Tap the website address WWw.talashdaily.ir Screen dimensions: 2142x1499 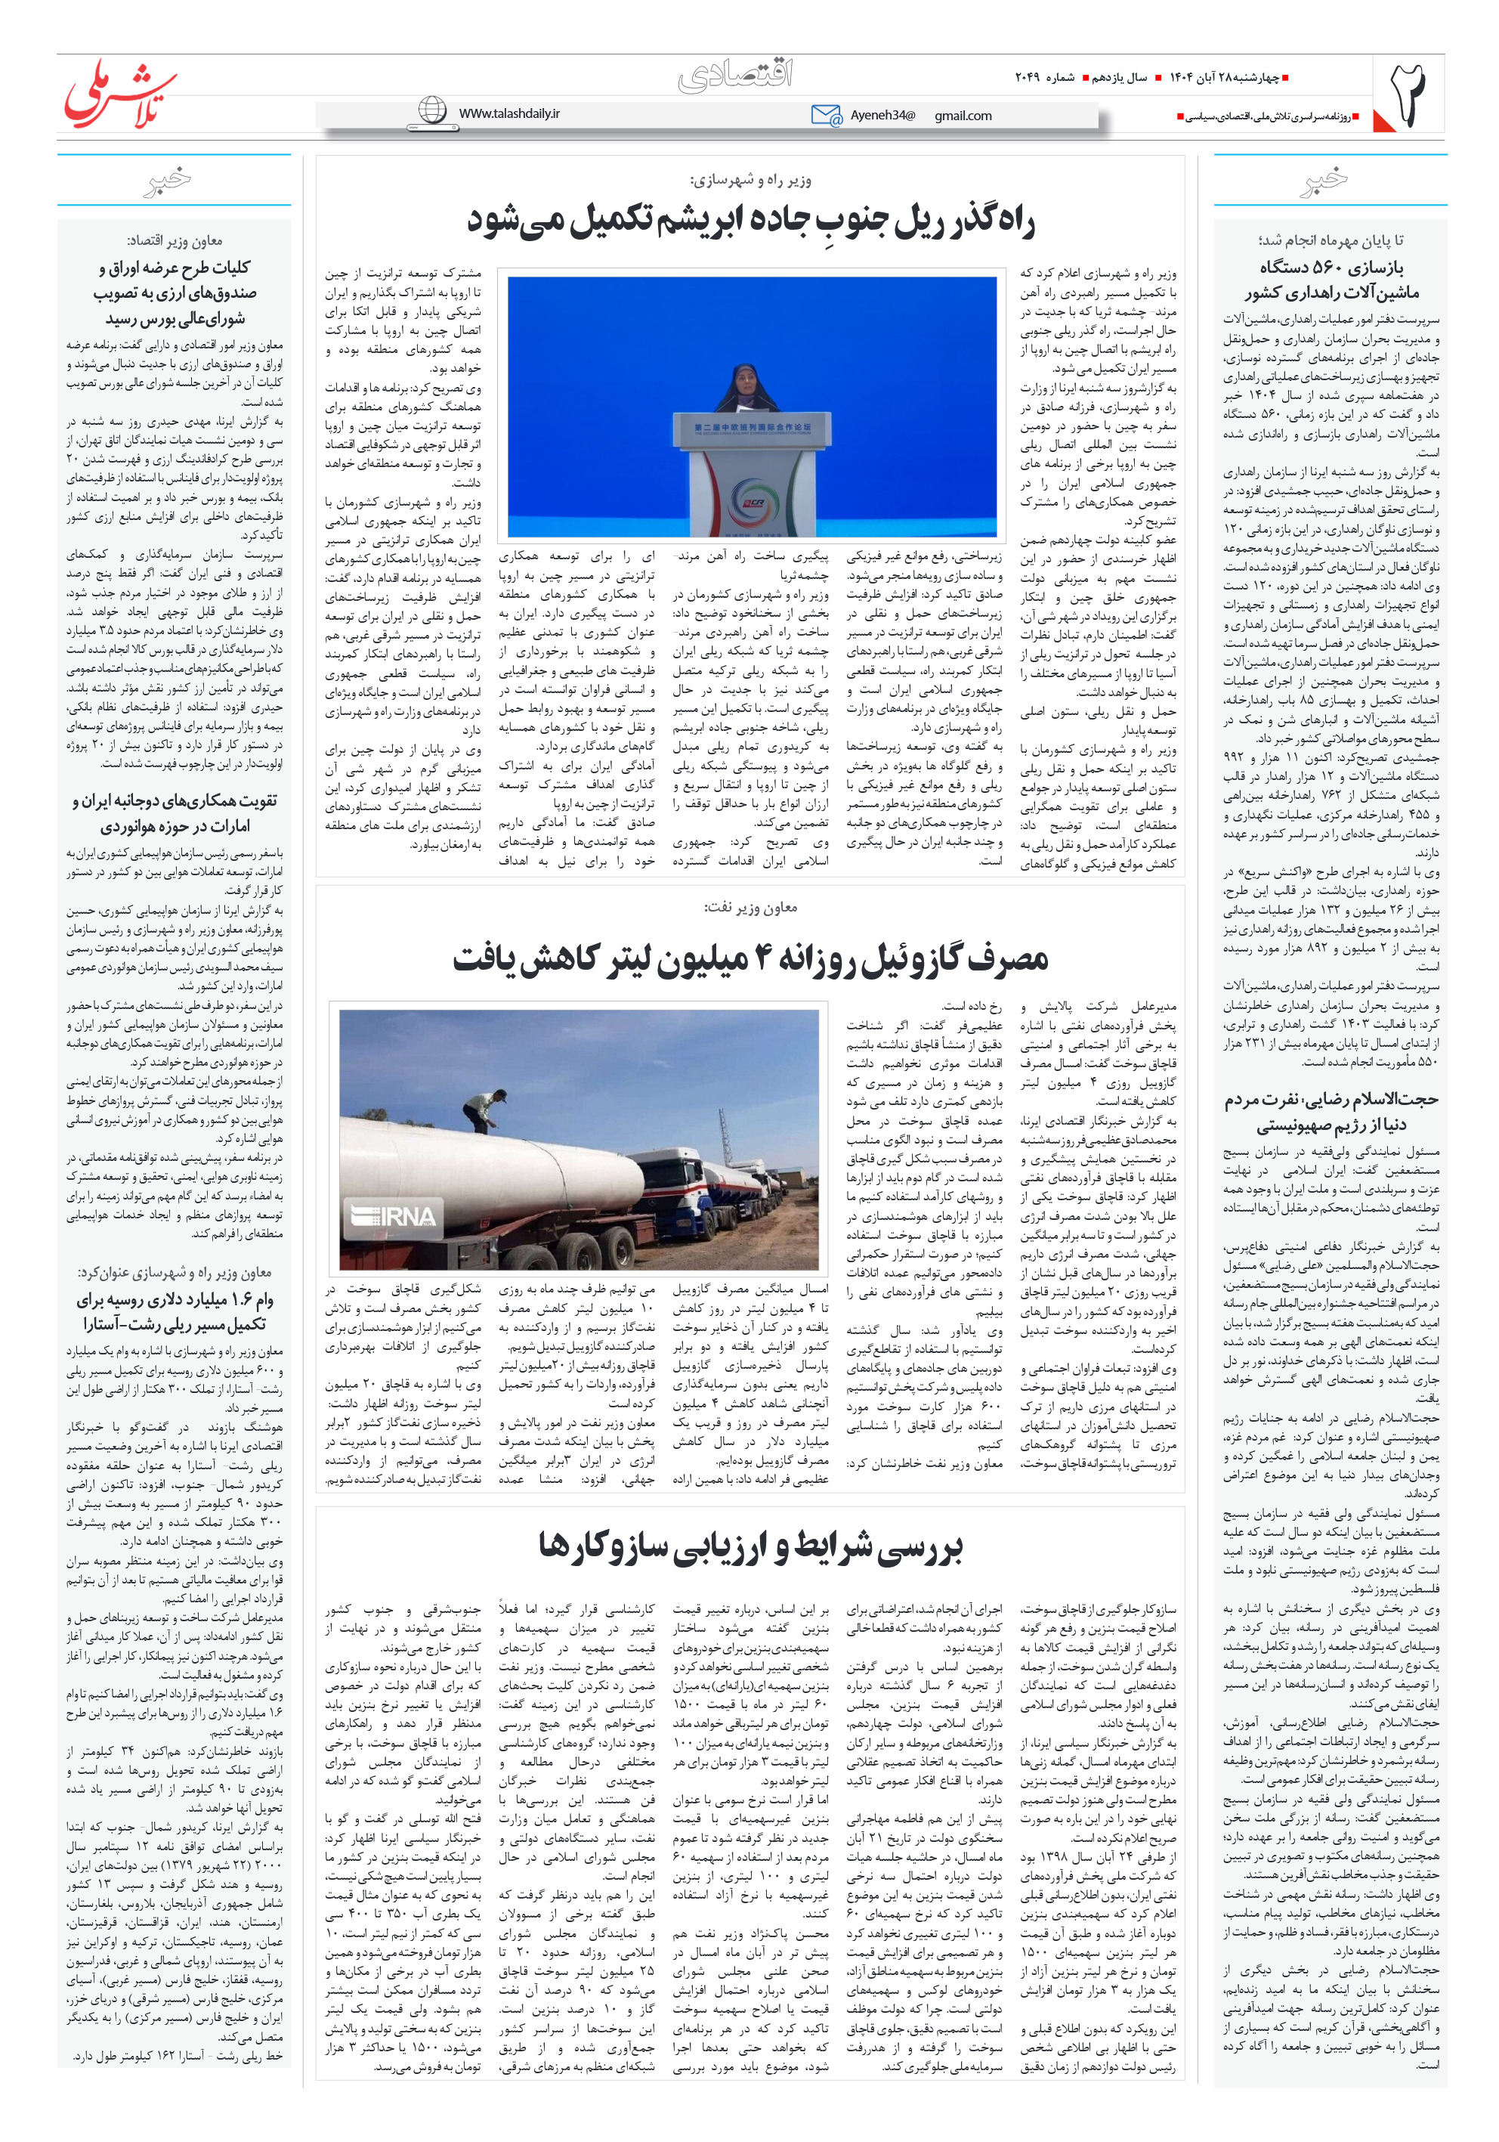click(509, 113)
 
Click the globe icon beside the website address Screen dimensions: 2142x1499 click(432, 111)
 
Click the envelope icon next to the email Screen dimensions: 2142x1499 click(826, 115)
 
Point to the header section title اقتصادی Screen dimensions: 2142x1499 click(735, 76)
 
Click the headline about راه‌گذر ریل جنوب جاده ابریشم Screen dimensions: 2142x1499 click(750, 222)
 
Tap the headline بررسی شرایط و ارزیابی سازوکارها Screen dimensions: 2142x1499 click(750, 1546)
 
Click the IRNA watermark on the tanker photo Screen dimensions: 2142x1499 click(393, 1215)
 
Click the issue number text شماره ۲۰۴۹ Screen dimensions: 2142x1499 click(1044, 77)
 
